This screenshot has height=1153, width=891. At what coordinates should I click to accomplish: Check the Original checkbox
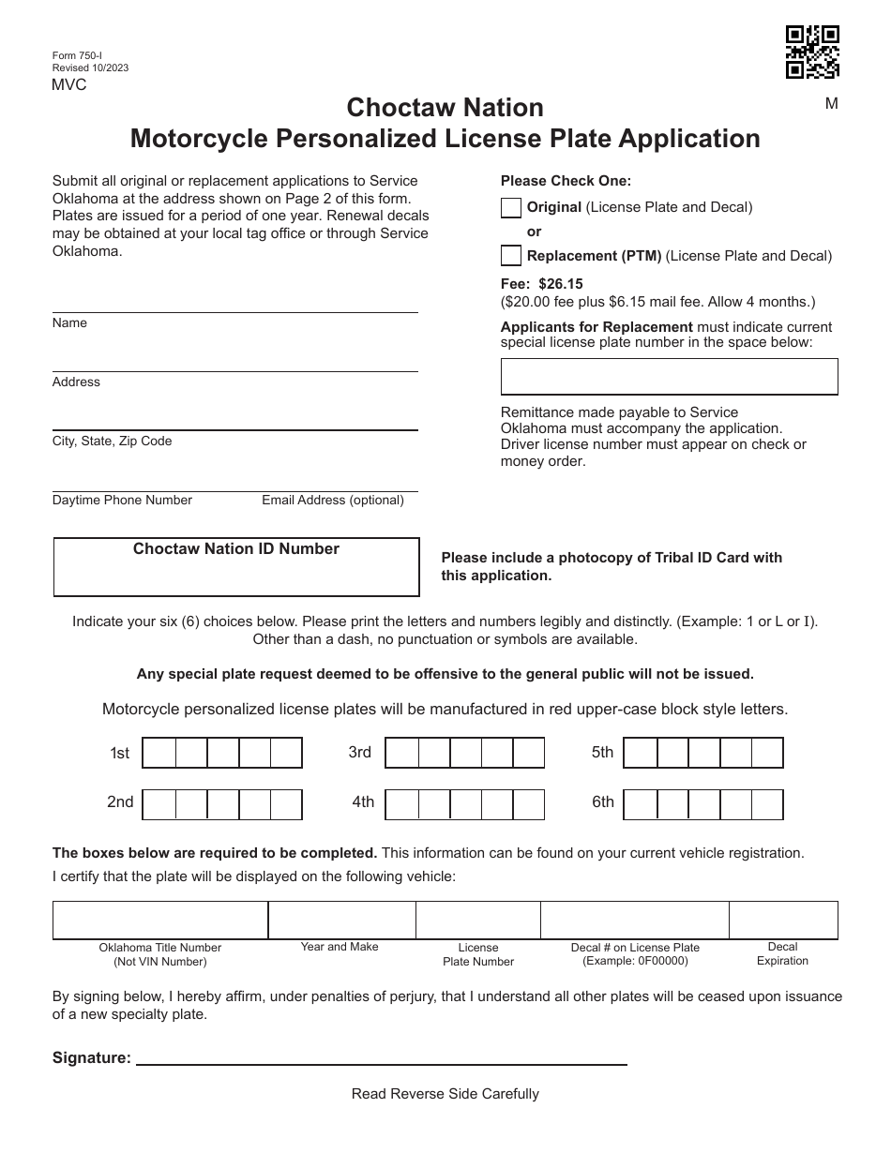click(511, 208)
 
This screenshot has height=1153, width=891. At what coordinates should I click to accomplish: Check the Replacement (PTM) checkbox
click(511, 255)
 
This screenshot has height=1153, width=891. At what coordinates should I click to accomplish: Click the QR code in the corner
click(811, 52)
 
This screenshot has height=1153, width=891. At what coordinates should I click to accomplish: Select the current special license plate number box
click(669, 377)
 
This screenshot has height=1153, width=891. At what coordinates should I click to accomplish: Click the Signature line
click(382, 1056)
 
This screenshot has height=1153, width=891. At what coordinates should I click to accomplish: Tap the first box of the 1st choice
click(159, 753)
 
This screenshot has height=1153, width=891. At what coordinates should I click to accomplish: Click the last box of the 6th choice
click(767, 804)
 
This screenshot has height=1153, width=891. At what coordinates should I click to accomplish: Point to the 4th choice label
click(363, 802)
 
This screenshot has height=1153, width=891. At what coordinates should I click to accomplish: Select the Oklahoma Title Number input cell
click(160, 920)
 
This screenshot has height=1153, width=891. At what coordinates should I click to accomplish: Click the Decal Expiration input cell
click(783, 920)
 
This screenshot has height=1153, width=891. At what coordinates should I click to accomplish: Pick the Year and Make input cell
click(341, 920)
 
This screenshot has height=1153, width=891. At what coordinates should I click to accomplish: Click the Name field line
click(234, 305)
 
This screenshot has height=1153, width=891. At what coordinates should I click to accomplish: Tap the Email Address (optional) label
click(333, 501)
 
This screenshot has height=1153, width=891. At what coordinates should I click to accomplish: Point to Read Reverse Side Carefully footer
click(445, 1094)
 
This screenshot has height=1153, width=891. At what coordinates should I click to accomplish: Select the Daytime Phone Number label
click(122, 501)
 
